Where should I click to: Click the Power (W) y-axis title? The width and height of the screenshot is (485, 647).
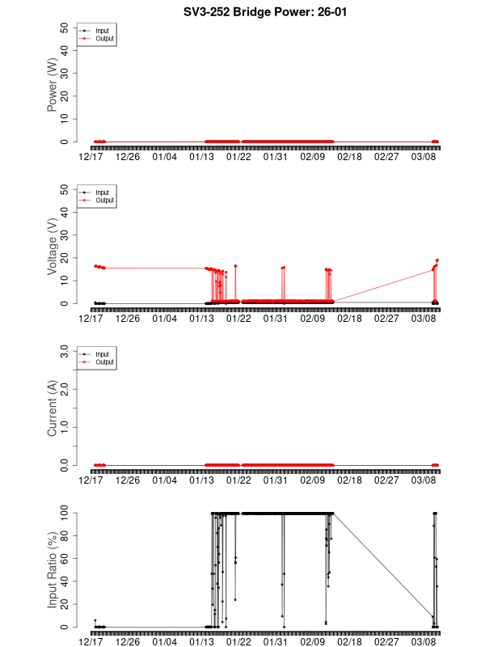[x=53, y=85]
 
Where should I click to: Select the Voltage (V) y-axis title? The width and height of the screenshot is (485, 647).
[x=53, y=247]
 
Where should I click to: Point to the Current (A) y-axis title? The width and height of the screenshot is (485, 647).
[x=53, y=408]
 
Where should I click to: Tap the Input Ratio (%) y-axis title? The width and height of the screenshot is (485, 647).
[x=53, y=570]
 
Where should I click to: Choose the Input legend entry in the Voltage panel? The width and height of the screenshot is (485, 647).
[x=101, y=192]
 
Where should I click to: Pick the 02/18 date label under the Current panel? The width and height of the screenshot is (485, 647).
[x=350, y=480]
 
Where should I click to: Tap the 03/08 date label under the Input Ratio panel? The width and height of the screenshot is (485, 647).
[x=424, y=641]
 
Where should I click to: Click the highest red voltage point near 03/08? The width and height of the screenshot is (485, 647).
[x=437, y=260]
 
